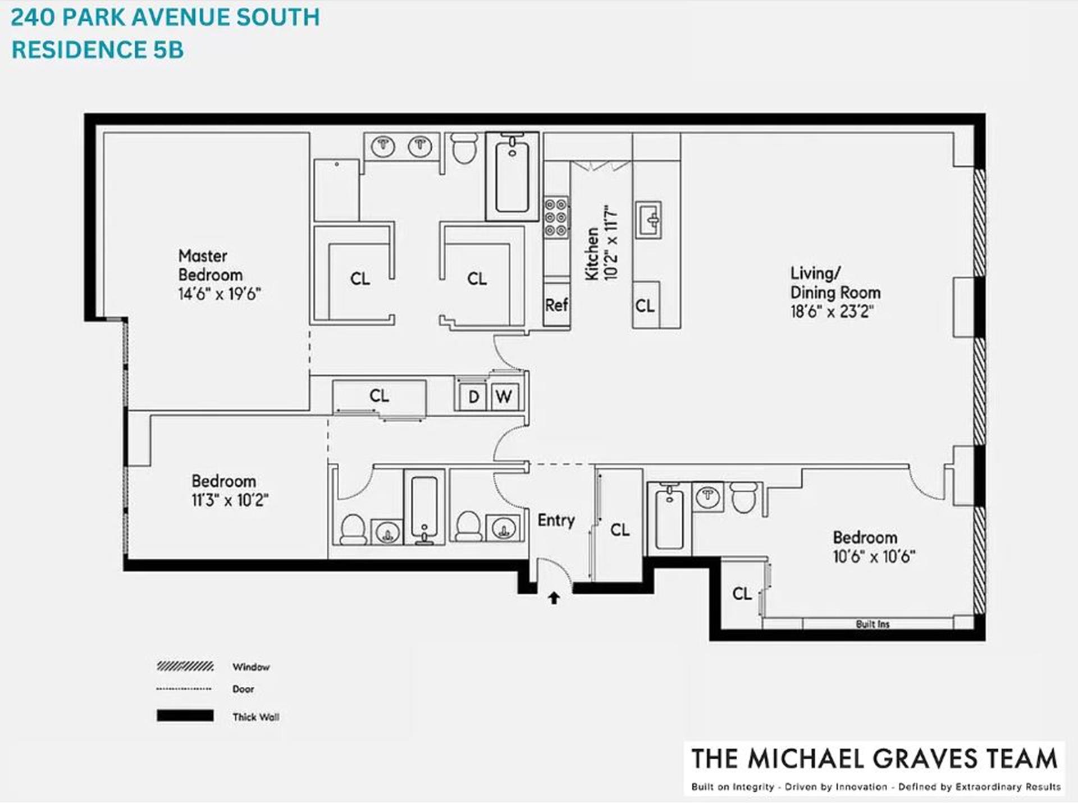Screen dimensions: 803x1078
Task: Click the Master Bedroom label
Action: (211, 265)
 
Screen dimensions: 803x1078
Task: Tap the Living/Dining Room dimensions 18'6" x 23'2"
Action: (832, 311)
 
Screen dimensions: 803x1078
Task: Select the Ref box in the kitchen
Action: (556, 305)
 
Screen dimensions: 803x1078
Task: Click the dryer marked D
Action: (473, 397)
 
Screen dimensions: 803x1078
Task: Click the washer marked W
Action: (504, 397)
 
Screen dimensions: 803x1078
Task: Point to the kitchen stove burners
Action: (556, 217)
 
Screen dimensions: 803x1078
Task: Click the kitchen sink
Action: (648, 220)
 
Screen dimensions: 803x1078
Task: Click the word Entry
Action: (556, 521)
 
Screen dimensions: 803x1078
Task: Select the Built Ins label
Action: (872, 624)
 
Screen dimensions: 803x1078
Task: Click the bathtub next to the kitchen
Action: (511, 177)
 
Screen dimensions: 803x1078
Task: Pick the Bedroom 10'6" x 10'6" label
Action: (873, 547)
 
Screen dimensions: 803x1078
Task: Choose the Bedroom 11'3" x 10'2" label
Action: (229, 490)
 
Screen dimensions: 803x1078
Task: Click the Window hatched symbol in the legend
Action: (185, 667)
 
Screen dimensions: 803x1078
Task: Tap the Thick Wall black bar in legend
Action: (185, 716)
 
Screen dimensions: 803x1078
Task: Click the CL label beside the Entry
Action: (619, 530)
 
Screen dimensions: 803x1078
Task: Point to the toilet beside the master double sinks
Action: (464, 148)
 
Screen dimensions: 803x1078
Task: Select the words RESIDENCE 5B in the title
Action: (98, 50)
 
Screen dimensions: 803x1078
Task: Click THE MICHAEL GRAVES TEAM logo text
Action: (874, 759)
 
